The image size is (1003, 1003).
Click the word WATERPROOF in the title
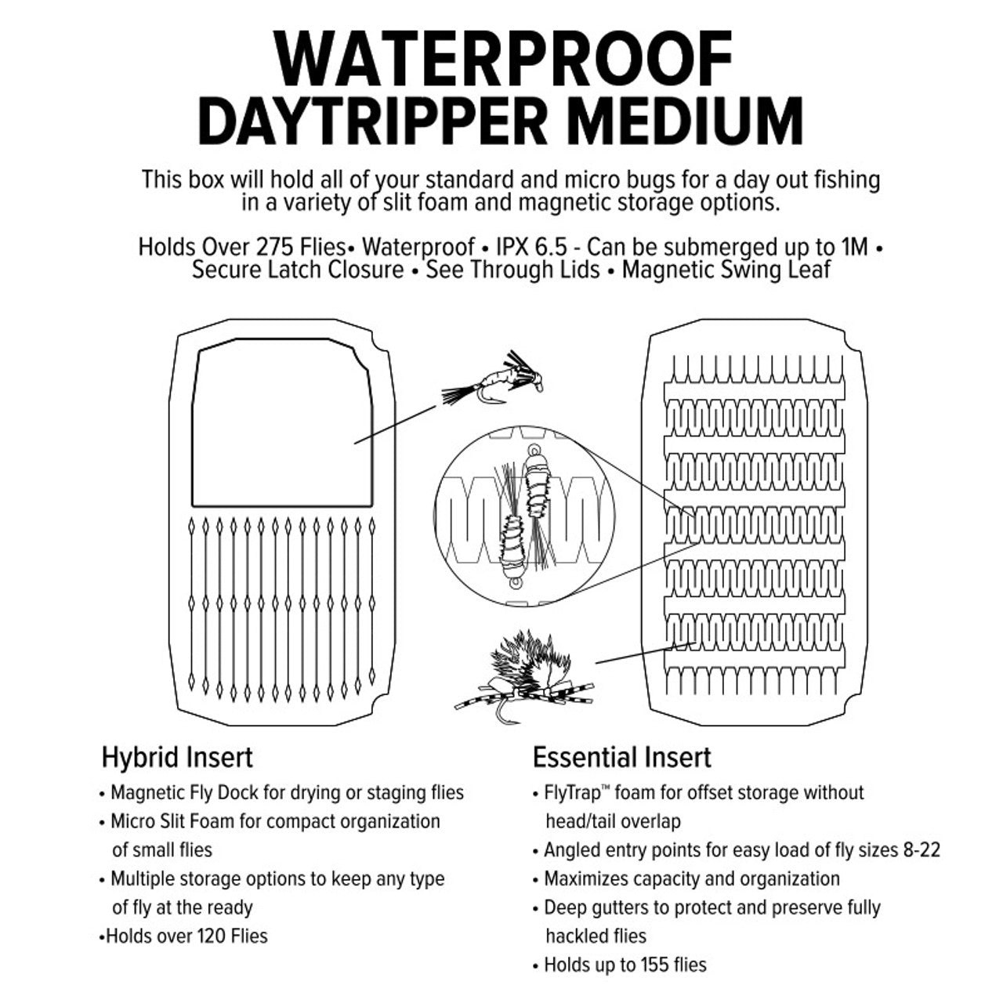click(502, 60)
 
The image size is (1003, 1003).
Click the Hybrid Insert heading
click(177, 758)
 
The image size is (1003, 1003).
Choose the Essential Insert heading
click(621, 758)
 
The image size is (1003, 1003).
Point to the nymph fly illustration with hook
click(494, 380)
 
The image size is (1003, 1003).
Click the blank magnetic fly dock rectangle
click(281, 423)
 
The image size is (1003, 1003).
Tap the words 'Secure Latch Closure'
click(299, 271)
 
